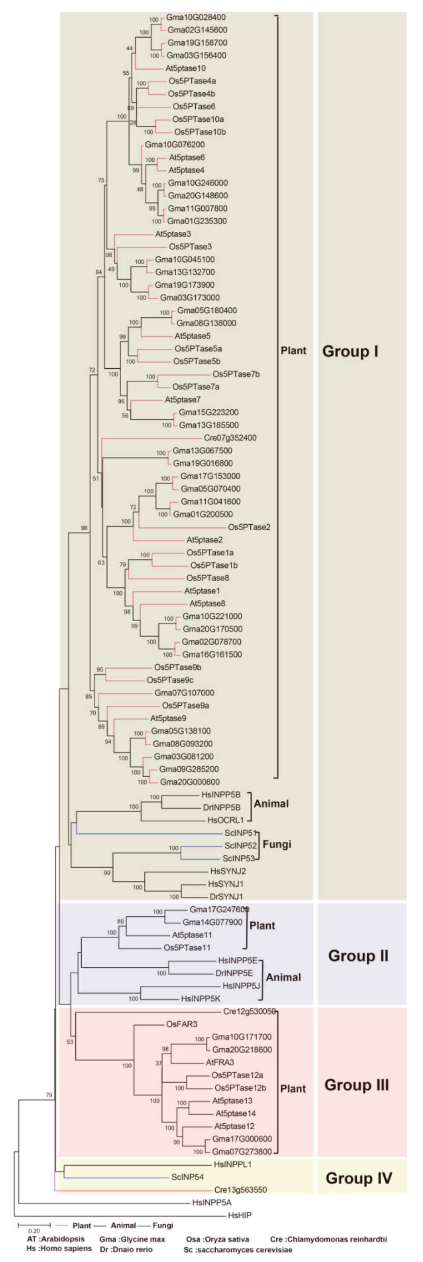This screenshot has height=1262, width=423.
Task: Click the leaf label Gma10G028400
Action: (196, 17)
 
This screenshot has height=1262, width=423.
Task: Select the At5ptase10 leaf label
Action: (185, 68)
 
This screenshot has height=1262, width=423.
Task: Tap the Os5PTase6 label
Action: (193, 106)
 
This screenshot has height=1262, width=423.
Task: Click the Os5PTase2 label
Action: (249, 527)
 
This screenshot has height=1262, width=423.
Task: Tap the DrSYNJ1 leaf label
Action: (226, 897)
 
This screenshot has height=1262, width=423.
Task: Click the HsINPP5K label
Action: (200, 998)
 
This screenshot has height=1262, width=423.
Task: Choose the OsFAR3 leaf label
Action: (181, 1024)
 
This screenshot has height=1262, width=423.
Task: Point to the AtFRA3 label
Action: (220, 1062)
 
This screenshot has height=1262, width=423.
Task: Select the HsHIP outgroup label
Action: (240, 1215)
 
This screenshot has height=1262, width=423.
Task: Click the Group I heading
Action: (350, 351)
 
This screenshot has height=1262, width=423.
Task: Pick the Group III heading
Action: (356, 1085)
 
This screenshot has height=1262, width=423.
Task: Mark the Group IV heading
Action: (358, 1178)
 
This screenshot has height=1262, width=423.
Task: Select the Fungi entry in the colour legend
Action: (163, 1225)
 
